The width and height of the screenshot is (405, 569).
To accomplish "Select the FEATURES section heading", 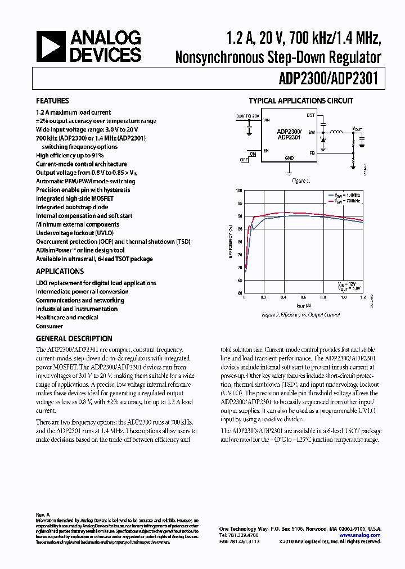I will tap(52, 101).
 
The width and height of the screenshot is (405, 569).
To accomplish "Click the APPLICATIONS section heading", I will tap(60, 271).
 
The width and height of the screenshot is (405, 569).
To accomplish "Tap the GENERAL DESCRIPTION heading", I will tap(74, 338).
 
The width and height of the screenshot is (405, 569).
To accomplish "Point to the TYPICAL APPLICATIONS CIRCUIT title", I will tap(301, 101).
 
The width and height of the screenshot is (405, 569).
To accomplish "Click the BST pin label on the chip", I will tap(310, 115).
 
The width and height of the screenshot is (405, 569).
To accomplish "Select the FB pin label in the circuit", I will tap(312, 152).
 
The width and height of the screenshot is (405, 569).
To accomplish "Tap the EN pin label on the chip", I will tap(267, 151).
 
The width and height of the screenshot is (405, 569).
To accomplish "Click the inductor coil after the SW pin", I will tap(336, 132).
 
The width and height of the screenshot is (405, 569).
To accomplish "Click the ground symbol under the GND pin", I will tap(289, 167).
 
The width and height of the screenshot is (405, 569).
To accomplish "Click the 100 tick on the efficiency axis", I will tap(240, 191).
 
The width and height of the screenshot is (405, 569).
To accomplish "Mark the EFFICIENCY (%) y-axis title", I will tap(231, 242).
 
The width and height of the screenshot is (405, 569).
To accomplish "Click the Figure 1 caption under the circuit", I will tap(300, 181).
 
